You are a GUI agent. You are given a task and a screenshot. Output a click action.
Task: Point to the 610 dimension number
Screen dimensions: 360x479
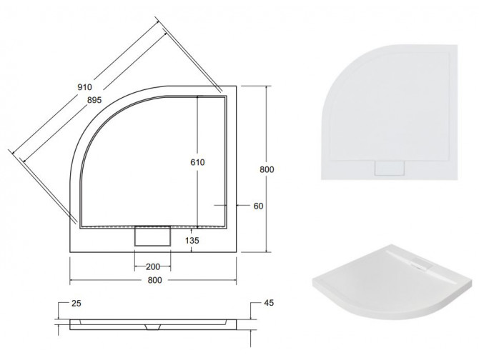(198, 163)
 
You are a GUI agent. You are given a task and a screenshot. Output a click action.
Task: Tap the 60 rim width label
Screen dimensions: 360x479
(259, 206)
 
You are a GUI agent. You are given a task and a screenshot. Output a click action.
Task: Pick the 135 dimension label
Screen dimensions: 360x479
(192, 241)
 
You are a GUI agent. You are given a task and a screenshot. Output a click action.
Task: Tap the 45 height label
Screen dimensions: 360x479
(269, 304)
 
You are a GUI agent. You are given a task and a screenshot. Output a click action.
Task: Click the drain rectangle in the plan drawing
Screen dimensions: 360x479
(151, 236)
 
